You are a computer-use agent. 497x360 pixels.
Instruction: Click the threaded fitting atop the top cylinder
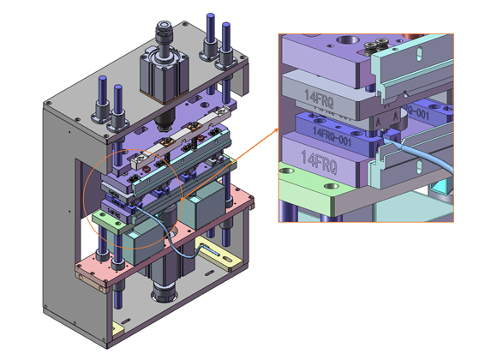tap(163, 34)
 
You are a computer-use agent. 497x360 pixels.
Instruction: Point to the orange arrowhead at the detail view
tap(276, 129)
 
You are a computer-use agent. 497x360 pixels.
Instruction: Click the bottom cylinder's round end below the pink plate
tap(163, 296)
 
